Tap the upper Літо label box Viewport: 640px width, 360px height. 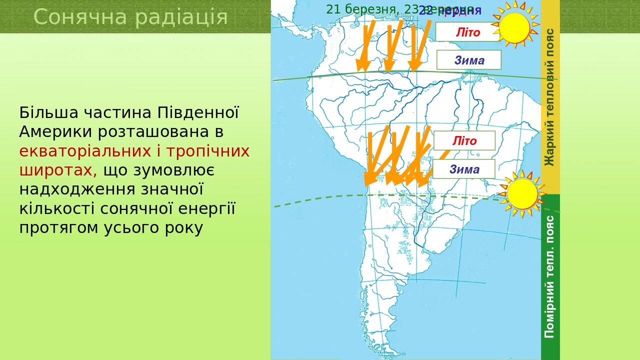pyautogui.click(x=467, y=32)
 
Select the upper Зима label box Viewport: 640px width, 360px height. pyautogui.click(x=469, y=60)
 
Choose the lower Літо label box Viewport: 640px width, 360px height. pyautogui.click(x=464, y=141)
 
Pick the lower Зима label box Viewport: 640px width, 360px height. pyautogui.click(x=464, y=169)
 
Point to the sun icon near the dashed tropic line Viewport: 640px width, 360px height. pyautogui.click(x=522, y=194)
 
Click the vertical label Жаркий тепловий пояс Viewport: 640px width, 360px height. pyautogui.click(x=550, y=97)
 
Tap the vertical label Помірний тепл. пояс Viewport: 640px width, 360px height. pyautogui.click(x=550, y=276)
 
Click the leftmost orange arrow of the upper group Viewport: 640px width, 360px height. pyautogui.click(x=364, y=47)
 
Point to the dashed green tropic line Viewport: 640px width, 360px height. pyautogui.click(x=320, y=199)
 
